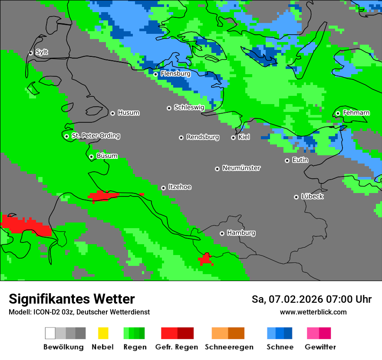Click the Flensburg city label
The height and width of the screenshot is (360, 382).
coord(175,74)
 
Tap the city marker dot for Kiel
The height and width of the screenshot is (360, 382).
coord(233,137)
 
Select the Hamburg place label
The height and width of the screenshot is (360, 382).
coord(241,233)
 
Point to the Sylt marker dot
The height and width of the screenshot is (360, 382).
coord(30,53)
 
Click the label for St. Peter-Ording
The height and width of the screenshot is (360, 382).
coord(95,136)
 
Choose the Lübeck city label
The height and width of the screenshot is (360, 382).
coord(312,196)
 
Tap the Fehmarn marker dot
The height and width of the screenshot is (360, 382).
coord(338,113)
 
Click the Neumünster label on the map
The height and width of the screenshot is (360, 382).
coord(241,168)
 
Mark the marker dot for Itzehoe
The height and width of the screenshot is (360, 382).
coord(163,188)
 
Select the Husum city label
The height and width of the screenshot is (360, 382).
coord(128,113)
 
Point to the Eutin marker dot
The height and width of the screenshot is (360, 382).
coord(287,160)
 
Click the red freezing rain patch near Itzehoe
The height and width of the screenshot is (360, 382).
coord(103,196)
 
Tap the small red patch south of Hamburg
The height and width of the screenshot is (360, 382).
coord(205,259)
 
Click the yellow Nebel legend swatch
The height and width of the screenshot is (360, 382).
coord(103,333)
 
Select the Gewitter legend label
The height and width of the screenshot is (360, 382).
coord(320,347)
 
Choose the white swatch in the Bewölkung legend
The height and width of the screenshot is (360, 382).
coord(50,333)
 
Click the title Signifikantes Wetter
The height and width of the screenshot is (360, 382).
coord(72,299)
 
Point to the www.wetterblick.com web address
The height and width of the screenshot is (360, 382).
coord(313,312)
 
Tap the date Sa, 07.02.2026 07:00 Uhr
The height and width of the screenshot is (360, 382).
coord(311,299)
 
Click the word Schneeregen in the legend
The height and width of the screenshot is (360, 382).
coord(229,347)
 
